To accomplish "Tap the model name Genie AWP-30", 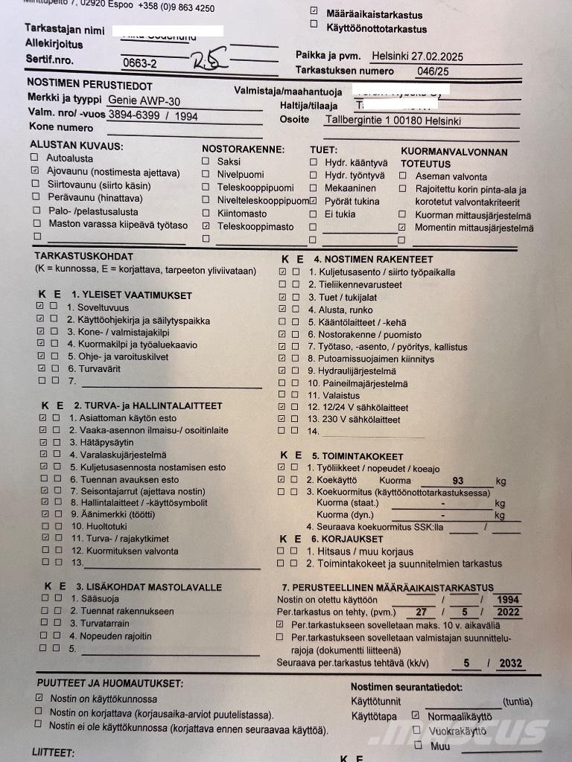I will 144,100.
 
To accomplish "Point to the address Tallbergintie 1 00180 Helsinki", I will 393,120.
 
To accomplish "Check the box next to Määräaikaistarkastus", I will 314,11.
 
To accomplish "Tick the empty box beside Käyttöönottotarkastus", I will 314,25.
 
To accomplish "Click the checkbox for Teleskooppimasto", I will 206,225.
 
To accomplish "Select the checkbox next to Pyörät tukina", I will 313,200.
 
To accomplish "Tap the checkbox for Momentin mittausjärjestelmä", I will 402,227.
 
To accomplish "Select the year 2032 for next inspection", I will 510,664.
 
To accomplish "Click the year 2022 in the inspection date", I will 509,612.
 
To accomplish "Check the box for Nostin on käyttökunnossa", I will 39,699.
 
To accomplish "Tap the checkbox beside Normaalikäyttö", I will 416,716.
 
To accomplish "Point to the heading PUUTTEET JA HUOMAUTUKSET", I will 110,683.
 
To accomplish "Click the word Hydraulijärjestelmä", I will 352,371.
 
